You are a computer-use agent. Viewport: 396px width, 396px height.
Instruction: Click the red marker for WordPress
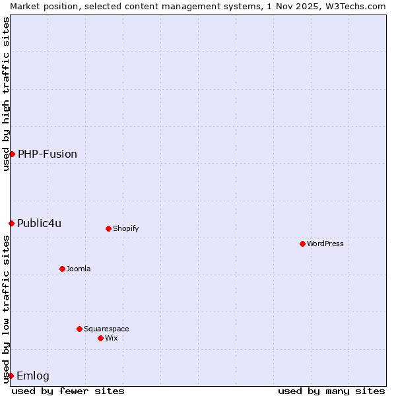pyautogui.click(x=302, y=244)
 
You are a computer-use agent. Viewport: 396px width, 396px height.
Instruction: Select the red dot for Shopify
pyautogui.click(x=108, y=228)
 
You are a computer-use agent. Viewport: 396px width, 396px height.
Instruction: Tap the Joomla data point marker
pyautogui.click(x=62, y=269)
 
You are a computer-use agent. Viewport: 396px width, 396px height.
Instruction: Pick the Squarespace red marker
pyautogui.click(x=79, y=329)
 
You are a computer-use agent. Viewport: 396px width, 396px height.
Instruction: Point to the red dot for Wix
pyautogui.click(x=100, y=338)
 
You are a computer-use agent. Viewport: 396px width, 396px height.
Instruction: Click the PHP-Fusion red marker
pyautogui.click(x=12, y=154)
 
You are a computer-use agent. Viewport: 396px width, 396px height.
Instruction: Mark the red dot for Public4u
pyautogui.click(x=11, y=223)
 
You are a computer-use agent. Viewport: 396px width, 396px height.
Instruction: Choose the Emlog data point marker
pyautogui.click(x=11, y=376)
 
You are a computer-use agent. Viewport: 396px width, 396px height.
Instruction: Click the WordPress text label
pyautogui.click(x=325, y=244)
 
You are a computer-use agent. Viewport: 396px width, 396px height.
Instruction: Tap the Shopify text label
pyautogui.click(x=126, y=228)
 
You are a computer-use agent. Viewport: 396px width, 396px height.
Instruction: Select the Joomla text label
pyautogui.click(x=79, y=269)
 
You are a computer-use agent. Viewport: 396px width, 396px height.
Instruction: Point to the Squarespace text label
pyautogui.click(x=106, y=329)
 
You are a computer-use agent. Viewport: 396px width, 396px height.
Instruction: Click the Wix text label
pyautogui.click(x=112, y=338)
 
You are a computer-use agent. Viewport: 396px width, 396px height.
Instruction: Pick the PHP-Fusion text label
pyautogui.click(x=48, y=154)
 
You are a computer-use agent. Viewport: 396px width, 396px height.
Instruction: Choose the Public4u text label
pyautogui.click(x=40, y=223)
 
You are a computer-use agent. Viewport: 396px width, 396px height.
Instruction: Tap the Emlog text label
pyautogui.click(x=33, y=376)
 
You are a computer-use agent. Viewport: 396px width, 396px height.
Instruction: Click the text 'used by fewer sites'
pyautogui.click(x=68, y=391)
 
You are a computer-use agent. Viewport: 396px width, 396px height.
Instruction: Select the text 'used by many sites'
pyautogui.click(x=331, y=391)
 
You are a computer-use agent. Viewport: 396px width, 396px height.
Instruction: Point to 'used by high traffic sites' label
pyautogui.click(x=6, y=94)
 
